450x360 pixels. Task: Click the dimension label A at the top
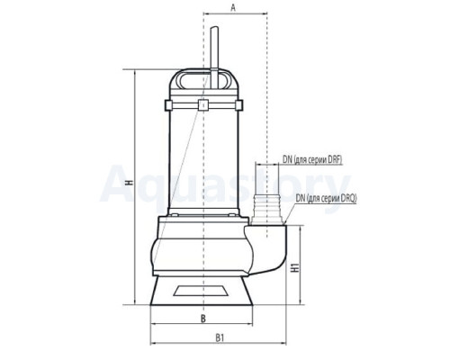233,8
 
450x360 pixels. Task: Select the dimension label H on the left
130,183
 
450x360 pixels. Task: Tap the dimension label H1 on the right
295,267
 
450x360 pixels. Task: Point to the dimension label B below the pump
203,319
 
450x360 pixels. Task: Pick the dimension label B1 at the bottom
220,338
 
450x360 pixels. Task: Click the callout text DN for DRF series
312,159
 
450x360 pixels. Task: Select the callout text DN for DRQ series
326,198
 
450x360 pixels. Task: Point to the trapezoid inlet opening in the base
201,291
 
